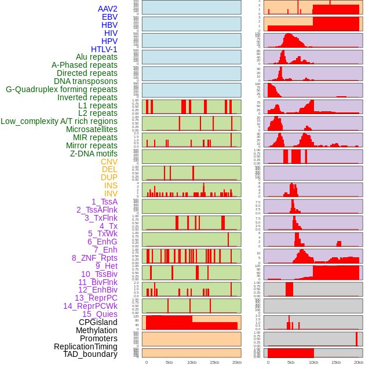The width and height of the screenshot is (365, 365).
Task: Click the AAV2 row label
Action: point(107,9)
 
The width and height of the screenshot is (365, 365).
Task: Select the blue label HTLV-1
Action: point(104,49)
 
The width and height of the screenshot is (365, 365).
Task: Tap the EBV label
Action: point(110,17)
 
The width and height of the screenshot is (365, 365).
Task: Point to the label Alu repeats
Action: point(96,57)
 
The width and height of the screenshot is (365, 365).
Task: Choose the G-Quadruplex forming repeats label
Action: point(61,89)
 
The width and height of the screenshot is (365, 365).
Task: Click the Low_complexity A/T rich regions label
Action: point(59,121)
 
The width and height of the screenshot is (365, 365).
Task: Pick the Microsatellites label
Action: point(92,129)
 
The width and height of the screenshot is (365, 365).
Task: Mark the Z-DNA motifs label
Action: point(93,154)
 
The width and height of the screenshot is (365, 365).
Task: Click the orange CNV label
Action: point(109,162)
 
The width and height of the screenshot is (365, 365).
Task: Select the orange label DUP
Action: point(109,177)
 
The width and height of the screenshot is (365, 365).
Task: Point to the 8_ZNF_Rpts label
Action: point(94,258)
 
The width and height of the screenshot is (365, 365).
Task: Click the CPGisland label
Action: point(98,322)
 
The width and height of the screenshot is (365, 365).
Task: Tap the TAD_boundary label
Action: point(90,354)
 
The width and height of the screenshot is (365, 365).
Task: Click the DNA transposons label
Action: point(86,81)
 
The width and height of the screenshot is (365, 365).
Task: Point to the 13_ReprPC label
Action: point(96,298)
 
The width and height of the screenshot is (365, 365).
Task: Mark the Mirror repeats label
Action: point(92,145)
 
